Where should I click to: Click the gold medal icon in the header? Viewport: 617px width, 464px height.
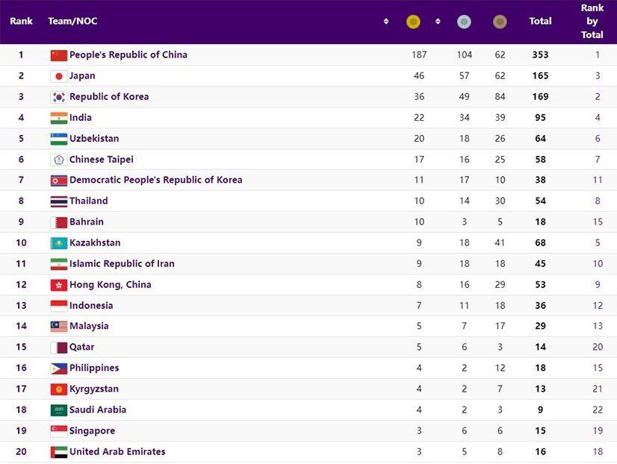pyautogui.click(x=413, y=22)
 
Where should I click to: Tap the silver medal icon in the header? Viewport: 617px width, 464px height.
pyautogui.click(x=464, y=22)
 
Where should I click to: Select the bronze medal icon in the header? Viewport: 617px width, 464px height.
pyautogui.click(x=500, y=22)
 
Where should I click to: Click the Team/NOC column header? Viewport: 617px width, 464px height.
pyautogui.click(x=72, y=22)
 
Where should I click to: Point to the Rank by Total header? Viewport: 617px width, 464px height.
pyautogui.click(x=592, y=22)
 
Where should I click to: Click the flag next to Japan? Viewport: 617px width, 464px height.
pyautogui.click(x=59, y=76)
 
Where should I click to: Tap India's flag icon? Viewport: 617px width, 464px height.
pyautogui.click(x=59, y=118)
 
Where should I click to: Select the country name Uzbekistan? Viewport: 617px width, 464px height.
pyautogui.click(x=94, y=139)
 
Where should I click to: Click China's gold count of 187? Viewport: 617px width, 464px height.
pyautogui.click(x=419, y=55)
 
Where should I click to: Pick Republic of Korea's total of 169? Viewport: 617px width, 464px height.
pyautogui.click(x=540, y=97)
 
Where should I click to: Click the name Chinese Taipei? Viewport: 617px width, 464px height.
pyautogui.click(x=102, y=160)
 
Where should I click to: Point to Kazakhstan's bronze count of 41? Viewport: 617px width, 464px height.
pyautogui.click(x=500, y=243)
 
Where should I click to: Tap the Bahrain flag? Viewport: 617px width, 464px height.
pyautogui.click(x=59, y=222)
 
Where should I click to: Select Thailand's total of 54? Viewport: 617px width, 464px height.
pyautogui.click(x=540, y=201)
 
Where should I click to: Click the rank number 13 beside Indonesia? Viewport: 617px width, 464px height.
pyautogui.click(x=21, y=306)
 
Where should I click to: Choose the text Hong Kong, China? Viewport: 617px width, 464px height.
pyautogui.click(x=111, y=285)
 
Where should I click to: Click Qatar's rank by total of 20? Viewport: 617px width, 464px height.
pyautogui.click(x=598, y=348)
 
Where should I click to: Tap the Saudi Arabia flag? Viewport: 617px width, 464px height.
pyautogui.click(x=59, y=410)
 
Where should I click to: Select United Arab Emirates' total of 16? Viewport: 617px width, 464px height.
pyautogui.click(x=540, y=452)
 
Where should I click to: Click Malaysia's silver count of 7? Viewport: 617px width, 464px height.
pyautogui.click(x=464, y=327)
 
